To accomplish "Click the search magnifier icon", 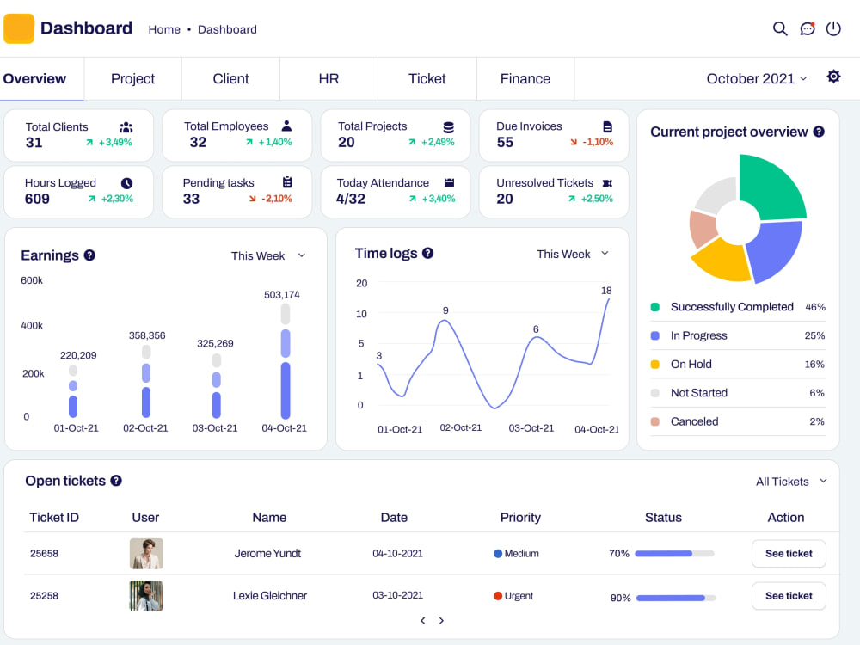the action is tap(780, 28).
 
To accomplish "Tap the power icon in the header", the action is tap(833, 28).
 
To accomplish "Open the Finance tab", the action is tap(525, 79).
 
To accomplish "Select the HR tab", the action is tap(329, 79).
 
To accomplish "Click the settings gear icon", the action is tap(833, 77).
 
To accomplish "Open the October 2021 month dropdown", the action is tap(757, 79).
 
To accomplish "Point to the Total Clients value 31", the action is tap(34, 143).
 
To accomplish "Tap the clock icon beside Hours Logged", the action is tap(126, 183).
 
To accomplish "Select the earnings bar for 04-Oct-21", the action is tap(286, 362).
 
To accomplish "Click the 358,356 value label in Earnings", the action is tap(147, 335).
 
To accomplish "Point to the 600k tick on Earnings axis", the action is tap(32, 280).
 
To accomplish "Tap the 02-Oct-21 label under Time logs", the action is tap(461, 427).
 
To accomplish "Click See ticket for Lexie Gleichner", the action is tap(789, 596).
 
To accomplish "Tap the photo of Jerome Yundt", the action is tap(146, 553).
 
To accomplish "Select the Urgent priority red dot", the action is tap(498, 596).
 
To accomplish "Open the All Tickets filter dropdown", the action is tap(791, 482).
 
